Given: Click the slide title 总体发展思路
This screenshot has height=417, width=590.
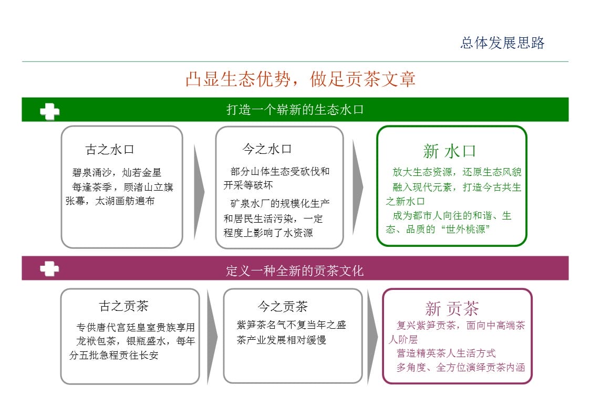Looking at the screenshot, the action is pyautogui.click(x=502, y=43).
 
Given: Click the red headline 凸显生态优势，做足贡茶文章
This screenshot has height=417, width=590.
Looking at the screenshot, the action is pyautogui.click(x=301, y=79).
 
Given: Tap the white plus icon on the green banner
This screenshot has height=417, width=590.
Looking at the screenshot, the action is pyautogui.click(x=50, y=111).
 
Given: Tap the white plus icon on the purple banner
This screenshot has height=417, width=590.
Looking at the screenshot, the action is pyautogui.click(x=49, y=269).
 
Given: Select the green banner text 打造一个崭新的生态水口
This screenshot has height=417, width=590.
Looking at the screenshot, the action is pyautogui.click(x=295, y=110).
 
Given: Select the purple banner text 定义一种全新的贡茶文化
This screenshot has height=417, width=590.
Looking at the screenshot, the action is pyautogui.click(x=295, y=270).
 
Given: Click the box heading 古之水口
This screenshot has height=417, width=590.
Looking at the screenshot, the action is pyautogui.click(x=110, y=150).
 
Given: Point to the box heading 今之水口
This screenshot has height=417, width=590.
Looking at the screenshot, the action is pyautogui.click(x=267, y=149).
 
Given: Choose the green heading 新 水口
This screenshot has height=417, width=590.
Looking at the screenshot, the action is pyautogui.click(x=449, y=151).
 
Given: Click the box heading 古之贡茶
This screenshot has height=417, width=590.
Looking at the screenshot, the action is pyautogui.click(x=124, y=306).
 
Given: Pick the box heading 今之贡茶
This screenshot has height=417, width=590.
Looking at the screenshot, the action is pyautogui.click(x=283, y=307).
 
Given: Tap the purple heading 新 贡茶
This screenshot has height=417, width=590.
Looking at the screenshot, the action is pyautogui.click(x=452, y=309).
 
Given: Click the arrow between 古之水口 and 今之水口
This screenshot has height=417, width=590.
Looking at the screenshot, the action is pyautogui.click(x=199, y=191).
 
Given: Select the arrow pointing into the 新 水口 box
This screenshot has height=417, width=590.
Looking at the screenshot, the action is pyautogui.click(x=358, y=187).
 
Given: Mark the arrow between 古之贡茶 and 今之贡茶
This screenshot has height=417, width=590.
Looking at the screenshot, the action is pyautogui.click(x=212, y=337).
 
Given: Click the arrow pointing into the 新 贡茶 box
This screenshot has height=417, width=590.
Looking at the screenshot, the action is pyautogui.click(x=372, y=337).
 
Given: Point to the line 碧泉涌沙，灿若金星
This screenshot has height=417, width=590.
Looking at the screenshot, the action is pyautogui.click(x=117, y=173).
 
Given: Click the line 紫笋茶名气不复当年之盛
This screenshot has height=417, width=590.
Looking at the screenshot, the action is pyautogui.click(x=291, y=325).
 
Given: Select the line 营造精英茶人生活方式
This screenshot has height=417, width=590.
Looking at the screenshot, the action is pyautogui.click(x=446, y=353).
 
